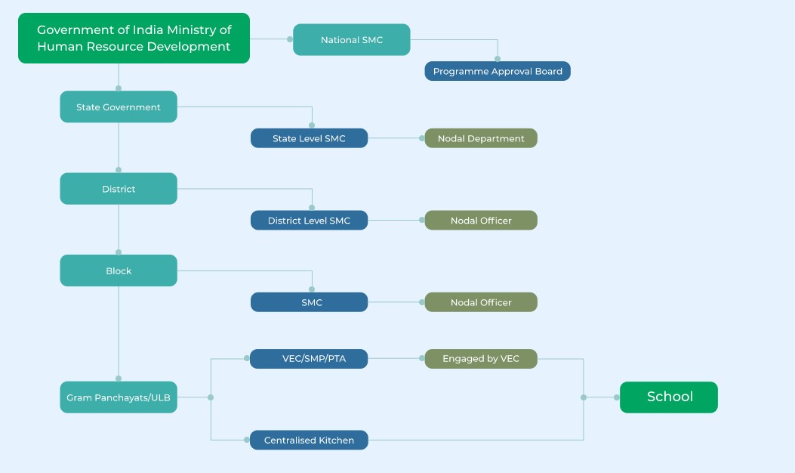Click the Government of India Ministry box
pyautogui.click(x=134, y=38)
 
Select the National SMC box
pyautogui.click(x=351, y=39)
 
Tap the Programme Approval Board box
pyautogui.click(x=498, y=71)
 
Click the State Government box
pyautogui.click(x=119, y=107)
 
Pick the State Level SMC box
pyautogui.click(x=310, y=138)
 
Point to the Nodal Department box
pyautogui.click(x=481, y=138)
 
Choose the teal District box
pyautogui.click(x=119, y=189)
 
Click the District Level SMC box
pyautogui.click(x=310, y=221)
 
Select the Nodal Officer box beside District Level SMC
pyautogui.click(x=481, y=221)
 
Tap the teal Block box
pyautogui.click(x=119, y=271)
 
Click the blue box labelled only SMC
pyautogui.click(x=310, y=302)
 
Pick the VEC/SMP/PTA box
pyautogui.click(x=310, y=359)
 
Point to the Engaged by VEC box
pyautogui.click(x=481, y=359)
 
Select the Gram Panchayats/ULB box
pyautogui.click(x=119, y=397)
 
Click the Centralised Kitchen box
pyautogui.click(x=310, y=440)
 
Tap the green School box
pyautogui.click(x=669, y=397)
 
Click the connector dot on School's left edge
pyautogui.click(x=617, y=397)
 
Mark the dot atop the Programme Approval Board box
pyautogui.click(x=498, y=59)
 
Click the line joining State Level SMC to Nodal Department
pyautogui.click(x=395, y=138)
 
